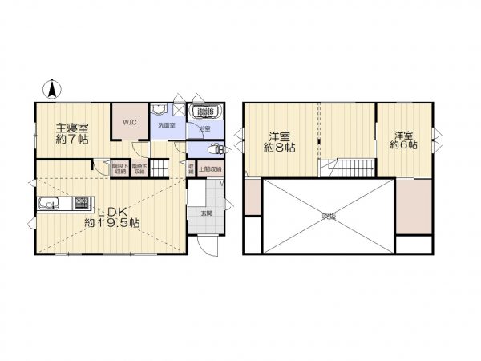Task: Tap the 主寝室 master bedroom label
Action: pyautogui.click(x=71, y=127)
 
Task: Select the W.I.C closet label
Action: pyautogui.click(x=128, y=122)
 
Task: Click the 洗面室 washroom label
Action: pyautogui.click(x=165, y=126)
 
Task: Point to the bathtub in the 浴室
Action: pyautogui.click(x=204, y=112)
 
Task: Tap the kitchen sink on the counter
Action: pyautogui.click(x=48, y=205)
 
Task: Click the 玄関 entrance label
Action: pyautogui.click(x=204, y=213)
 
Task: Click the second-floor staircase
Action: pyautogui.click(x=348, y=168)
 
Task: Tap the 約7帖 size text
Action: pyautogui.click(x=72, y=140)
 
